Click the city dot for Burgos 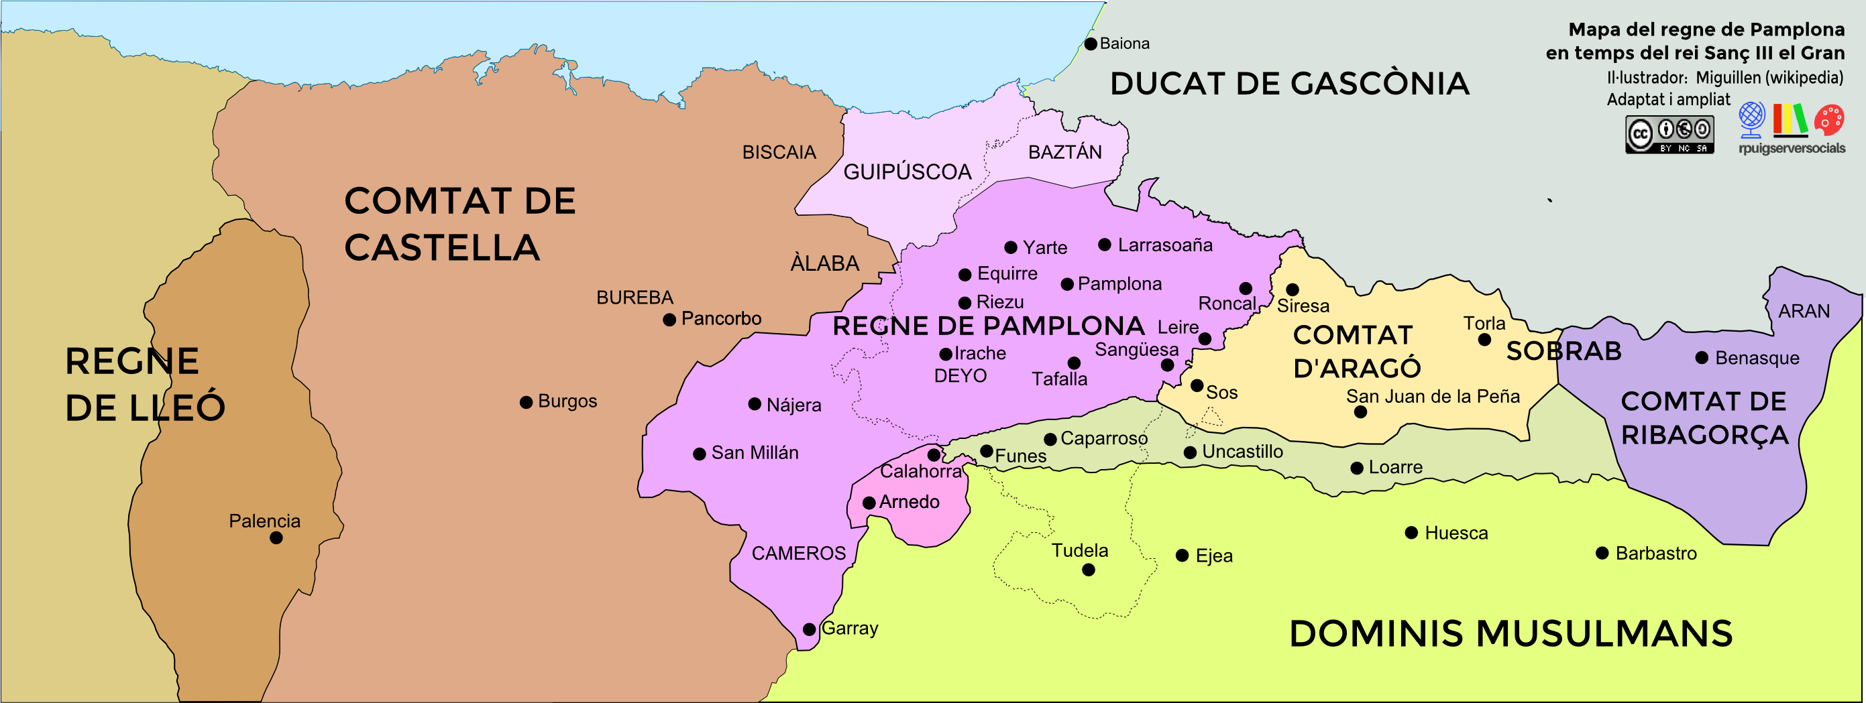coord(526,403)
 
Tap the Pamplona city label coord(1119,283)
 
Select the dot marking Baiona coord(1090,44)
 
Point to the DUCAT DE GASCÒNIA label coord(1289,84)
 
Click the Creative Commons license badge coord(1669,135)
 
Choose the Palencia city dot coord(276,538)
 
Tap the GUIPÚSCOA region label coord(907,172)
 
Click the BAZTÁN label coord(1065,153)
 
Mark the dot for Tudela coord(1088,570)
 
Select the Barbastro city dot coord(1602,554)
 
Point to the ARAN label coord(1804,312)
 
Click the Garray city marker coord(809,630)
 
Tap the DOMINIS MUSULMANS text coord(1511,634)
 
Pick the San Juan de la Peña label coord(1432,397)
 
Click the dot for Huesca coord(1411,533)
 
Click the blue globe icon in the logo coord(1751,119)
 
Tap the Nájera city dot coord(754,404)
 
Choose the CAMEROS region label coord(798,554)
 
